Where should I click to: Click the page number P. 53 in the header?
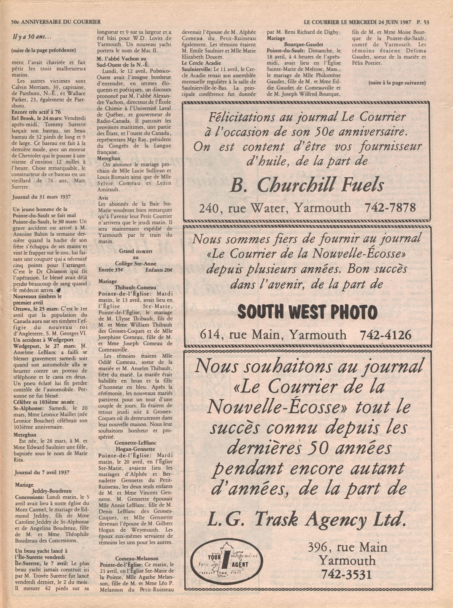423,22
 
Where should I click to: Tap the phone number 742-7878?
390,207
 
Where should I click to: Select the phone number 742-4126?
386,335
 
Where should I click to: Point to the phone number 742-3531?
347,574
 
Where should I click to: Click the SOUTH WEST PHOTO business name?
307,312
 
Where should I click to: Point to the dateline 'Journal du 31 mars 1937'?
42,197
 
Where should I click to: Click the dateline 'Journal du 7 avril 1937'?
42,473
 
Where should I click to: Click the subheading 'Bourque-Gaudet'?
304,44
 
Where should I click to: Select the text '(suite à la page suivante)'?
396,83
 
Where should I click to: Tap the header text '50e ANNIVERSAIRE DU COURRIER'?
56,22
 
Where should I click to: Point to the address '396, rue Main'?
347,547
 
